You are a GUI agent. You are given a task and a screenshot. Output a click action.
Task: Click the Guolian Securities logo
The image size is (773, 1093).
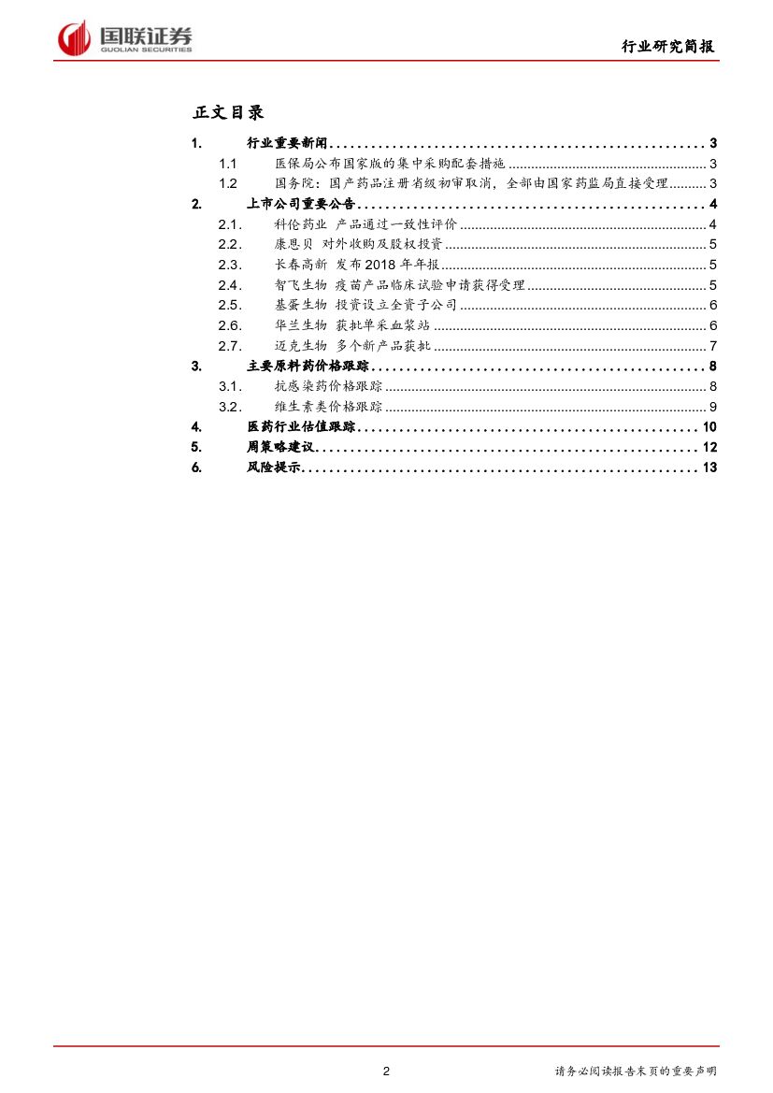(x=125, y=37)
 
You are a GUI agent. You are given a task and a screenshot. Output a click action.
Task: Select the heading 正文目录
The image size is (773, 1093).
(x=228, y=112)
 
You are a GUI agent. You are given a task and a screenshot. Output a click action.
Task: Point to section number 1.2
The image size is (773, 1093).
(x=228, y=184)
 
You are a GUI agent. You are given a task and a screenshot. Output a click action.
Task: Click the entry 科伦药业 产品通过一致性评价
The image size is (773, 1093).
(x=365, y=224)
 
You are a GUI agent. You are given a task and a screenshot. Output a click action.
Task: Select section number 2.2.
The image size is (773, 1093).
(x=229, y=245)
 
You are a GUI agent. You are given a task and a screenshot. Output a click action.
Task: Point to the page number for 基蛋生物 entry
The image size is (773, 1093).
(x=712, y=306)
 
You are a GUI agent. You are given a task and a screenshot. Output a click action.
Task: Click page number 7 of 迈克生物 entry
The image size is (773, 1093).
(x=712, y=346)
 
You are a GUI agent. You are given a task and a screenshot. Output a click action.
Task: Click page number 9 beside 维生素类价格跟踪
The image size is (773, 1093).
(x=712, y=407)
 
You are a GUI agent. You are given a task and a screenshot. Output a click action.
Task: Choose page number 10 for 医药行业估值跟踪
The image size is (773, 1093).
(x=709, y=427)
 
